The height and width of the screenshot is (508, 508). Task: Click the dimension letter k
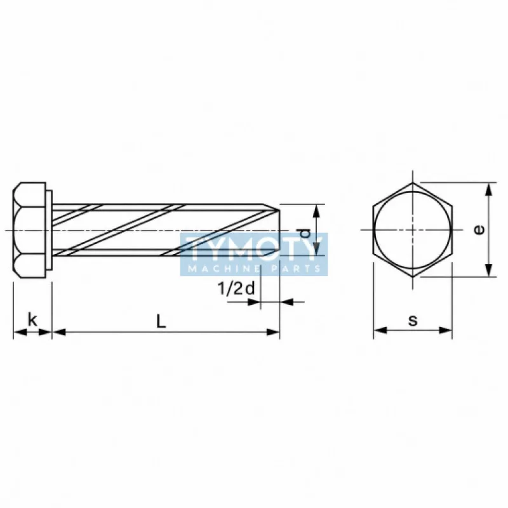(x=32, y=319)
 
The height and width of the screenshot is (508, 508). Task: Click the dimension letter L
(x=161, y=321)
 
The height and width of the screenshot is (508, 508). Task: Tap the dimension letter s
(x=413, y=321)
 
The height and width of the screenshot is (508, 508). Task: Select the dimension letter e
(x=479, y=230)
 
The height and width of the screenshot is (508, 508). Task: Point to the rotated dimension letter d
(x=305, y=233)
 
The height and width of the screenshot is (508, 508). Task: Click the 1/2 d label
(x=236, y=288)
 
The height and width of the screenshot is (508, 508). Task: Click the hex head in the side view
(x=30, y=230)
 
